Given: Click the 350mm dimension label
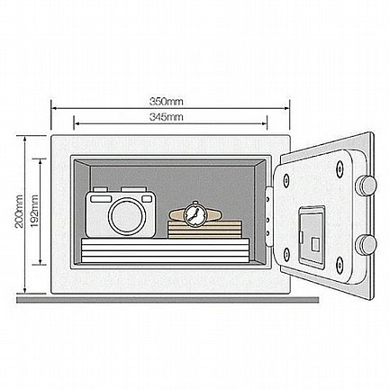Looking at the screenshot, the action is [167, 102].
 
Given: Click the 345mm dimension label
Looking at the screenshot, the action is [167, 117].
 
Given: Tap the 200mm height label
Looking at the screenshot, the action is [19, 211].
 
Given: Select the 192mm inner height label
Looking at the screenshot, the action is [34, 211].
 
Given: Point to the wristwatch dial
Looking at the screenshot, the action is [195, 214].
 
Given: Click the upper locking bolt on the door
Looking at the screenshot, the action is [366, 185].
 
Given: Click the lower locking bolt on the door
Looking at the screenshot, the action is [366, 244].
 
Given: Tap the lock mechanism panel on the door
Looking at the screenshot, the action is [312, 237].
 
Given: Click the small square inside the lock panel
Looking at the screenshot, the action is [315, 243].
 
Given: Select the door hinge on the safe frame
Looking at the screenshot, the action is [268, 215].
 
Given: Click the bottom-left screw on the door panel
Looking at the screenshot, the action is [286, 255].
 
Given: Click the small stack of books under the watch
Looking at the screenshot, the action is [204, 230].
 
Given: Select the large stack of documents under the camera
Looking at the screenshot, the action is [166, 250].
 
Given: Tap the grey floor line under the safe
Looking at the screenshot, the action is [168, 300].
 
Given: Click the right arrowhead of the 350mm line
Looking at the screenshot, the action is [286, 108].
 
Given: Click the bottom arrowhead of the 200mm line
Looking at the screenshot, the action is [24, 290].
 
